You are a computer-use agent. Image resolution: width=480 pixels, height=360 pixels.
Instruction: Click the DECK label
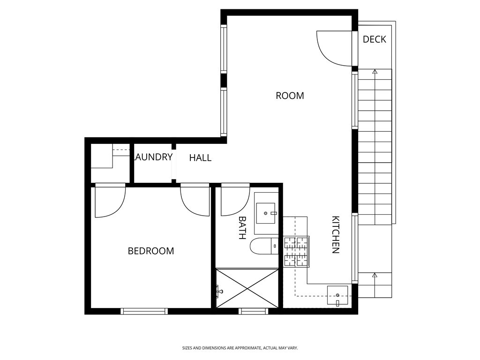pyautogui.click(x=375, y=39)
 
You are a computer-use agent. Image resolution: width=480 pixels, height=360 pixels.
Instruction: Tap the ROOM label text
pyautogui.click(x=290, y=96)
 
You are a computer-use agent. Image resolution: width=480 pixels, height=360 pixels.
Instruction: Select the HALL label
pyautogui.click(x=200, y=158)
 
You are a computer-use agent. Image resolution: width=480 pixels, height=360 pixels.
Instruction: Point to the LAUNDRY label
pyautogui.click(x=153, y=157)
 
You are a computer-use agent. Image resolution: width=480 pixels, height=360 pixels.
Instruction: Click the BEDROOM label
pyautogui.click(x=150, y=251)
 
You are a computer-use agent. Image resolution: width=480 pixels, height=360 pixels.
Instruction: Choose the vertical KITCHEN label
pyautogui.click(x=336, y=234)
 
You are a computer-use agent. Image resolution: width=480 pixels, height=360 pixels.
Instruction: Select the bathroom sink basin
pyautogui.click(x=266, y=213)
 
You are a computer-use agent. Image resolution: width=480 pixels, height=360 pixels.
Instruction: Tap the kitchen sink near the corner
pyautogui.click(x=337, y=295)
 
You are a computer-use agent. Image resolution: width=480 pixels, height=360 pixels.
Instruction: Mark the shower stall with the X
pyautogui.click(x=247, y=288)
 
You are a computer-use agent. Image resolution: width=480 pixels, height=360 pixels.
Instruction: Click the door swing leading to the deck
pyautogui.click(x=334, y=48)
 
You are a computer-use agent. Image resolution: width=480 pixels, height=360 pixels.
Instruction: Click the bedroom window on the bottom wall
pyautogui.click(x=144, y=311)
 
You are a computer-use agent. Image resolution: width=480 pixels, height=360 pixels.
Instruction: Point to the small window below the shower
pyautogui.click(x=253, y=311)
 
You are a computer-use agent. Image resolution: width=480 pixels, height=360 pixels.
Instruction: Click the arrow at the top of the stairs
pyautogui.click(x=375, y=72)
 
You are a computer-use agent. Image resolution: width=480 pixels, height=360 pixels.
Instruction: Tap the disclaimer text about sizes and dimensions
pyautogui.click(x=240, y=348)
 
